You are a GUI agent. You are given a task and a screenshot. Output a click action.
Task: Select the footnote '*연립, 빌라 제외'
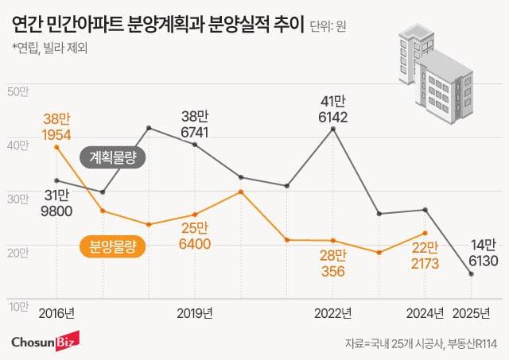(49, 48)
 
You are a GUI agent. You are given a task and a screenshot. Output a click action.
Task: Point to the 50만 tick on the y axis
(17, 92)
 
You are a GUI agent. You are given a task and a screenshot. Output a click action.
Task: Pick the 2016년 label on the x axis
(56, 312)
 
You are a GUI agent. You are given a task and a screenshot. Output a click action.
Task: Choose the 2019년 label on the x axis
(194, 312)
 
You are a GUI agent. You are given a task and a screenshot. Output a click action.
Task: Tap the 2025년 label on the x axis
(472, 312)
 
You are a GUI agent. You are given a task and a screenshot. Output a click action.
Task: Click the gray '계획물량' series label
(112, 158)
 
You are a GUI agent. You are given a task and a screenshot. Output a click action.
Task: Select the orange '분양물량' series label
(111, 247)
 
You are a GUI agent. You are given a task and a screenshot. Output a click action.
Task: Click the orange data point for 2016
(56, 147)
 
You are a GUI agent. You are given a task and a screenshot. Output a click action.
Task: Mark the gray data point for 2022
(333, 128)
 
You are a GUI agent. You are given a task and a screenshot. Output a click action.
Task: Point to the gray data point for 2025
(472, 274)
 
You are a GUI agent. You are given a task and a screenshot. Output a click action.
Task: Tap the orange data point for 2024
(426, 233)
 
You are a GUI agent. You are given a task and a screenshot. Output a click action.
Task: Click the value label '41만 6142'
(333, 108)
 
